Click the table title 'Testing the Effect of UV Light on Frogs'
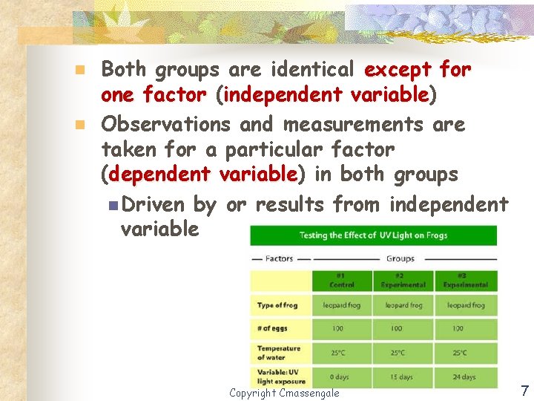point(373,235)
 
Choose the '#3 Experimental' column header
point(464,281)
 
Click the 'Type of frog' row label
point(277,305)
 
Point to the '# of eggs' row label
point(272,328)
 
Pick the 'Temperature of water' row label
point(278,352)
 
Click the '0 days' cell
point(340,377)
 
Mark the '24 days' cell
point(464,377)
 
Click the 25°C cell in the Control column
point(340,353)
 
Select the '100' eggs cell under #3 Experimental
point(464,328)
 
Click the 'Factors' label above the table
point(280,259)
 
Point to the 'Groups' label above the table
point(400,259)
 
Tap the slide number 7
point(524,391)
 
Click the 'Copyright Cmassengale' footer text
point(284,393)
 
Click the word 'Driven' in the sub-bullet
point(154,203)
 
